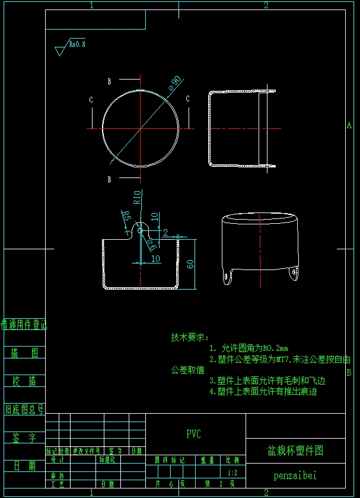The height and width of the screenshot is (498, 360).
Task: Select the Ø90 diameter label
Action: pyautogui.click(x=174, y=83)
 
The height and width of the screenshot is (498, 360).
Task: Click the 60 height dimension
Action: pyautogui.click(x=190, y=264)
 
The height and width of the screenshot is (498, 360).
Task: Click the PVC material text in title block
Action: pyautogui.click(x=193, y=434)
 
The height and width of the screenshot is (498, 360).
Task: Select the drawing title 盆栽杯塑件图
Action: pyautogui.click(x=295, y=451)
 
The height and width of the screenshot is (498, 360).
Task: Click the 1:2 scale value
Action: pyautogui.click(x=232, y=473)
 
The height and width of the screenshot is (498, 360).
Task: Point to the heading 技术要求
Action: pyautogui.click(x=190, y=337)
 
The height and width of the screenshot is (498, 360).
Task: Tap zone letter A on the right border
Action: pyautogui.click(x=349, y=125)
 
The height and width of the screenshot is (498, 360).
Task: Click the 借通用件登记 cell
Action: pyautogui.click(x=24, y=325)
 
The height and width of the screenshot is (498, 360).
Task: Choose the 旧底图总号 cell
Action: pyautogui.click(x=24, y=409)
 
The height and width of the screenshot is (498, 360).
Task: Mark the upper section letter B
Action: pyautogui.click(x=109, y=81)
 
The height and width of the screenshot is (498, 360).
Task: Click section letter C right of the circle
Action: pyautogui.click(x=187, y=99)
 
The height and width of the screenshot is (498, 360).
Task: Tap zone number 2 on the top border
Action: pyautogui.click(x=266, y=5)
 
